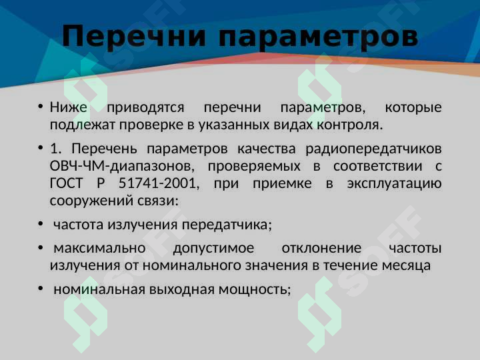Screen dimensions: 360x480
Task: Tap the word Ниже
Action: tap(69, 107)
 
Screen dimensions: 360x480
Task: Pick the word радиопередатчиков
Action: tap(378, 148)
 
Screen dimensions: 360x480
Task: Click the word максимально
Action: tap(99, 248)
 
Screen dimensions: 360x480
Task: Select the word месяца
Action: tap(406, 265)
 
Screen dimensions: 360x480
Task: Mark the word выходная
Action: tap(185, 289)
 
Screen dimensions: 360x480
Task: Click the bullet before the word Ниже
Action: tap(40, 107)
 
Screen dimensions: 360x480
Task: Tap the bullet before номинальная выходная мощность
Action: tap(40, 289)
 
